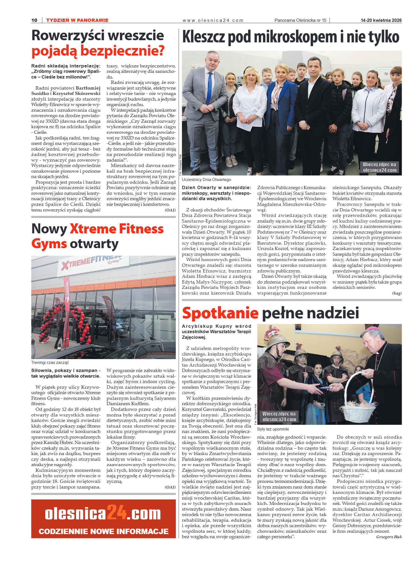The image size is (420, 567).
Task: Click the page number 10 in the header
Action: (x=34, y=20)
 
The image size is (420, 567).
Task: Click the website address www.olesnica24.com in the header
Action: (x=213, y=20)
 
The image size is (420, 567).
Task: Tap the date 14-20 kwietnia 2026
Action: (x=381, y=20)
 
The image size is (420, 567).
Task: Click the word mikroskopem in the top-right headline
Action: (x=295, y=37)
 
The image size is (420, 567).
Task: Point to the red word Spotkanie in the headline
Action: (x=220, y=313)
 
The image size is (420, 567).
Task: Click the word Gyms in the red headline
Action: (x=49, y=244)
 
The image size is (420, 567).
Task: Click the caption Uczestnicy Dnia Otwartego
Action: (x=206, y=180)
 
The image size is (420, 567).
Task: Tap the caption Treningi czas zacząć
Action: (x=50, y=363)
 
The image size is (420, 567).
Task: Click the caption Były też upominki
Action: (x=273, y=429)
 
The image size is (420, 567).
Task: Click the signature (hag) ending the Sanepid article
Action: (x=397, y=293)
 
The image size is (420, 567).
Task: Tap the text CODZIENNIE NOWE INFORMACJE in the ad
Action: (x=104, y=531)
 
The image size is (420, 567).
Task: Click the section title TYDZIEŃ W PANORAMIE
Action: (x=77, y=20)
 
